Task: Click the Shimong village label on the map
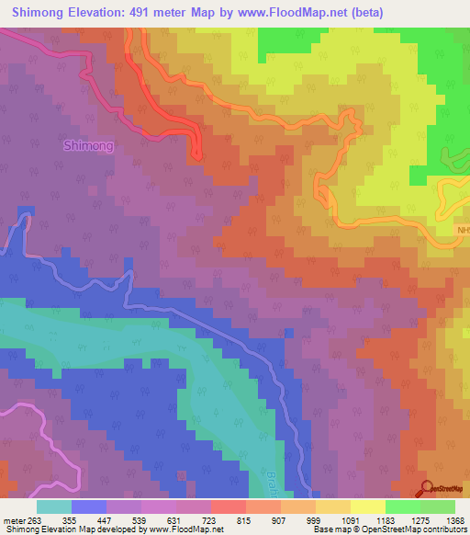[89, 145]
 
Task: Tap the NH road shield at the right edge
[463, 231]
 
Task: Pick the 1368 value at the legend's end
[453, 519]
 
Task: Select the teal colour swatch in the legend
[54, 507]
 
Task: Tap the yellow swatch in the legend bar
[367, 507]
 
